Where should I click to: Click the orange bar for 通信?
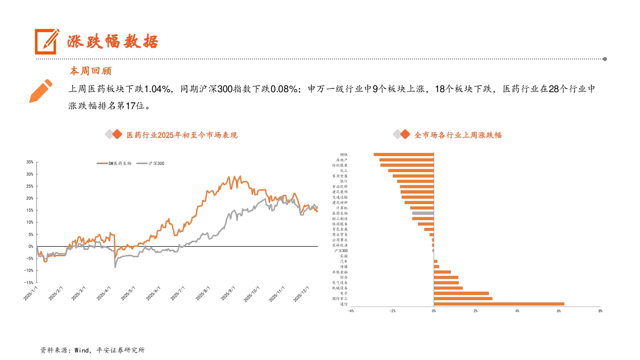pyautogui.click(x=499, y=304)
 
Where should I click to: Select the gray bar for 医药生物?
pyautogui.click(x=423, y=213)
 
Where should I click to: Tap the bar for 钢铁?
pyautogui.click(x=404, y=155)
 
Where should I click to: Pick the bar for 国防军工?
pyautogui.click(x=463, y=299)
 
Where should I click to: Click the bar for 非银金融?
pyautogui.click(x=442, y=272)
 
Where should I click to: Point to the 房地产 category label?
pyautogui.click(x=341, y=160)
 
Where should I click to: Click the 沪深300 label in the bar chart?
pyautogui.click(x=341, y=251)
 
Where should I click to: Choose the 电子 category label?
pyautogui.click(x=344, y=293)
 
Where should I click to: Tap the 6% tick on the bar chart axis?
pyautogui.click(x=559, y=311)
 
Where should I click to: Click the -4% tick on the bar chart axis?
pyautogui.click(x=351, y=311)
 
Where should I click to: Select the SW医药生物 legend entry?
pyautogui.click(x=114, y=164)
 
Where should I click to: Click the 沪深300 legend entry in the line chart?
pyautogui.click(x=150, y=164)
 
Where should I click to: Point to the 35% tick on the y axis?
pyautogui.click(x=30, y=162)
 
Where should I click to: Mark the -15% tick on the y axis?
pyautogui.click(x=28, y=283)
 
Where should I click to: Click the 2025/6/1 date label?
pyautogui.click(x=153, y=293)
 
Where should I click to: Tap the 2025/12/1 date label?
pyautogui.click(x=301, y=294)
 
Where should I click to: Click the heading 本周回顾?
pyautogui.click(x=91, y=71)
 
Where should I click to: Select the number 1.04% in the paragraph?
pyautogui.click(x=157, y=89)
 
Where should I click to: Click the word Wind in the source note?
pyautogui.click(x=82, y=350)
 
